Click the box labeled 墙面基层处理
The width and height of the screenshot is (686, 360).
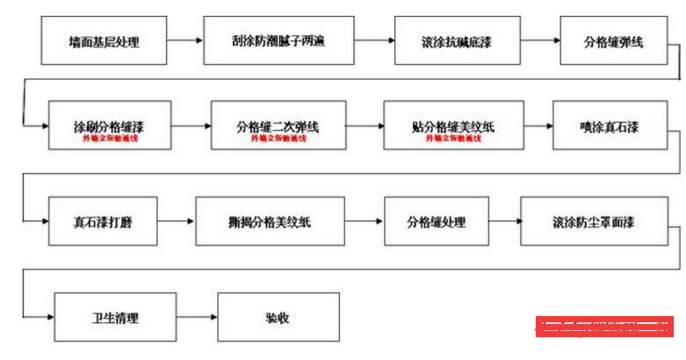pos(104,41)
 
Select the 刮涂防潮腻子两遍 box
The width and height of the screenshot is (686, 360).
pos(278,40)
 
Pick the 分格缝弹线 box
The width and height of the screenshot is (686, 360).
pos(613,41)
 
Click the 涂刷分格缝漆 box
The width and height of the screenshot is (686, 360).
pos(110,126)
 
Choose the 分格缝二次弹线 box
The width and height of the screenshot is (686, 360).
pos(278,126)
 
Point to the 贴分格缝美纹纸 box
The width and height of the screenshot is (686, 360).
pos(452,126)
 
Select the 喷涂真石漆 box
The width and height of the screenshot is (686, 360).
pos(609,126)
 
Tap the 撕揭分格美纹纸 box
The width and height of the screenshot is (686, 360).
pos(268,221)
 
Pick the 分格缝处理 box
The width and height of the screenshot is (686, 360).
pos(436,221)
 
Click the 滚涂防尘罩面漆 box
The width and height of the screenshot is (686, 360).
pos(594,221)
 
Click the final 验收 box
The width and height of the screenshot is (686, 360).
pos(278,317)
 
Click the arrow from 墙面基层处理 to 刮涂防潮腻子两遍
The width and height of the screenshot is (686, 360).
pos(184,40)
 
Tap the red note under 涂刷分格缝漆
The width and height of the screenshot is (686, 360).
pos(110,139)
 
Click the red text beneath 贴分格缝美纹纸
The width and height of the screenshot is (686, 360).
pos(452,139)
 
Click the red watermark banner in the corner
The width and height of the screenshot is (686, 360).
pos(604,327)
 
